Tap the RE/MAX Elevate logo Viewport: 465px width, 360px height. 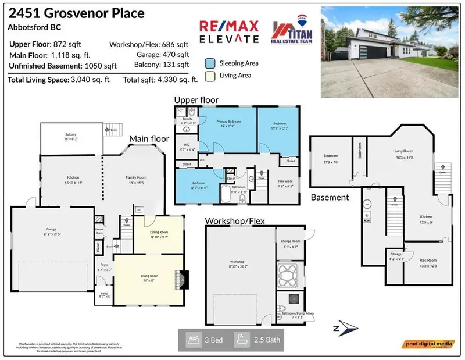tap(229, 32)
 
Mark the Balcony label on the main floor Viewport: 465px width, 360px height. tap(70, 137)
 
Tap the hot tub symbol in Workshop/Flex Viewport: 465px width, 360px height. tap(287, 273)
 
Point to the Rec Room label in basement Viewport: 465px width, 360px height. tap(429, 262)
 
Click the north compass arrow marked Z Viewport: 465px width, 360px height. tap(342, 327)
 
